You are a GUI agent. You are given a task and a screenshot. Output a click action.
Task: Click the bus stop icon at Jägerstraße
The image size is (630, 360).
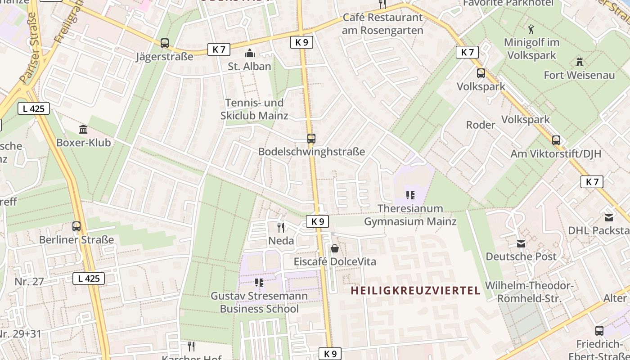[x=165, y=43]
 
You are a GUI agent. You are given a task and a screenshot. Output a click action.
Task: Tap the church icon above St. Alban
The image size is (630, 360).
[x=249, y=54]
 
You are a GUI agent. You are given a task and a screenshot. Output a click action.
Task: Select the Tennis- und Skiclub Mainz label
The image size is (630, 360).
[x=254, y=109]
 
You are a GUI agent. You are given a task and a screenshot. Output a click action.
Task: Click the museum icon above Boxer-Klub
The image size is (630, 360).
[x=83, y=130]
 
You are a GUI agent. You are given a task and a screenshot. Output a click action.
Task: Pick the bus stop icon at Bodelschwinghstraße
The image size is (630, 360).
[x=311, y=139]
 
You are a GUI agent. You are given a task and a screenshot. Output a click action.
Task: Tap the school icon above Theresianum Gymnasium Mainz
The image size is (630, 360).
[x=410, y=195]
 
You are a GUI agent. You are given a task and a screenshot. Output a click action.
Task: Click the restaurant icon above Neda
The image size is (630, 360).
[x=281, y=227]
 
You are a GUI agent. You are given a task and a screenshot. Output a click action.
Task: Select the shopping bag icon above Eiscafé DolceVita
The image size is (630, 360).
[x=335, y=248]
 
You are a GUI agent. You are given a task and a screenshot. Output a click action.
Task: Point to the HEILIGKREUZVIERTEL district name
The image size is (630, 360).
[x=416, y=291]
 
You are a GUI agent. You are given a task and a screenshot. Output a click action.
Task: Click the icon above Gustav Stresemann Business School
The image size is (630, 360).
[x=259, y=283]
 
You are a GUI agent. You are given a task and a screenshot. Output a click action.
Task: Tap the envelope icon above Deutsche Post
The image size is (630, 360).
[x=521, y=244]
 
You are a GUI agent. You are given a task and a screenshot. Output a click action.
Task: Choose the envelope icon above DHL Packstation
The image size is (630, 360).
[x=609, y=218]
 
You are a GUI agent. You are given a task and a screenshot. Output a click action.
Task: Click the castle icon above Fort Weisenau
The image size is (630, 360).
[x=579, y=62]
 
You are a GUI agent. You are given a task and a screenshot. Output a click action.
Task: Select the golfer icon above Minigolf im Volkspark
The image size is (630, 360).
[x=531, y=29]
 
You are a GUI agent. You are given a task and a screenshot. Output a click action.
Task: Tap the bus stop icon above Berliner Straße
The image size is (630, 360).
[x=76, y=226]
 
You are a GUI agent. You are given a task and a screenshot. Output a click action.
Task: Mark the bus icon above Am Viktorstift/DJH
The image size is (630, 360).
[x=556, y=140]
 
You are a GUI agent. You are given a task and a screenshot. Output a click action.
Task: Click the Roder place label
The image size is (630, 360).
[x=481, y=125]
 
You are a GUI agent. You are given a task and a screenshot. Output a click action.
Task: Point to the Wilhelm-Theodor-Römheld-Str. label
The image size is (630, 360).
[x=529, y=292]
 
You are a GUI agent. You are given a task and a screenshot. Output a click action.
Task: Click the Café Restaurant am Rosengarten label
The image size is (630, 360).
[x=382, y=24]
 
